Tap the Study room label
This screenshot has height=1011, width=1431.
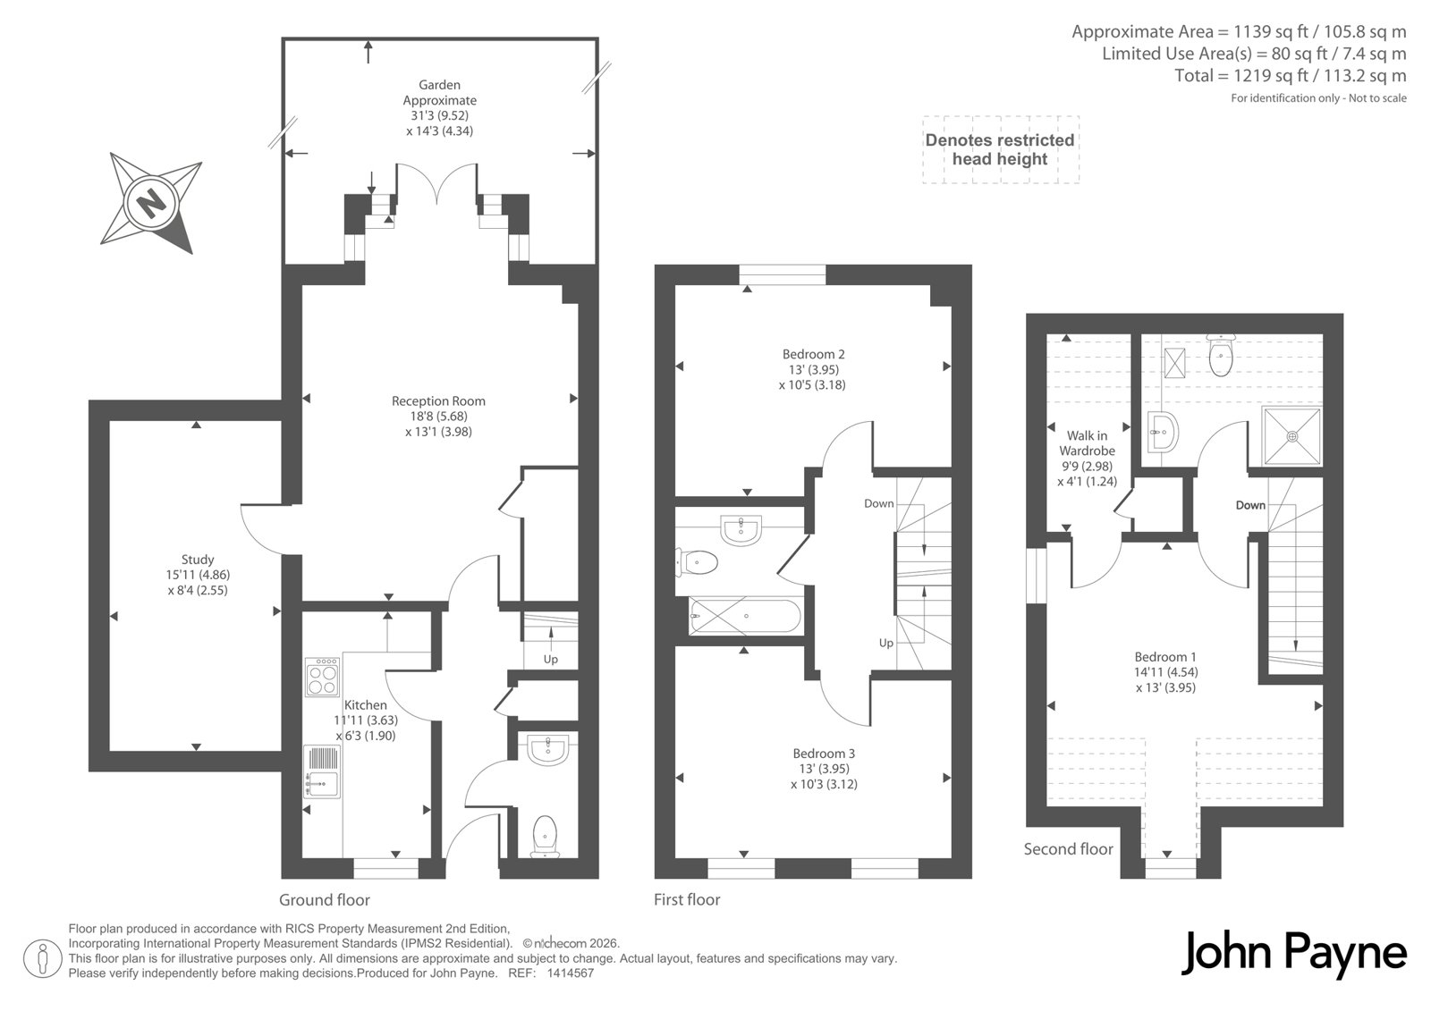click(x=198, y=560)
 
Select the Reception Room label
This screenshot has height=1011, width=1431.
click(x=438, y=401)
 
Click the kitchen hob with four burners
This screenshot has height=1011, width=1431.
click(x=322, y=677)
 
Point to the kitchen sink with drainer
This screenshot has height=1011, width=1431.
click(x=322, y=771)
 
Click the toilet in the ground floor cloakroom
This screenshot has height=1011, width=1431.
click(x=545, y=837)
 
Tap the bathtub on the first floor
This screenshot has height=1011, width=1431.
click(x=745, y=616)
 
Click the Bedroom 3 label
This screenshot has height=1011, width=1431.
click(x=824, y=754)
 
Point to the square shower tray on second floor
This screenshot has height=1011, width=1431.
click(x=1291, y=436)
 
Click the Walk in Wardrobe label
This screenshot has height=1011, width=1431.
click(x=1087, y=443)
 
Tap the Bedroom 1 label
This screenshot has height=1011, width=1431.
click(x=1165, y=656)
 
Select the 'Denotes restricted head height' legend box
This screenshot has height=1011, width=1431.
click(x=1001, y=149)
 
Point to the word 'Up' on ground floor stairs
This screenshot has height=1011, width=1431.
click(x=551, y=659)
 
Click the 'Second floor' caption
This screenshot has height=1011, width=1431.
click(x=1068, y=849)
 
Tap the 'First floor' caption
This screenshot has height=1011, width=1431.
click(x=687, y=899)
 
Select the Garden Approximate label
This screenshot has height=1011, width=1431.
click(x=439, y=93)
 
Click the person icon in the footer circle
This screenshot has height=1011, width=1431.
click(x=42, y=958)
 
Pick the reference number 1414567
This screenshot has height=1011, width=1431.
click(x=571, y=973)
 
